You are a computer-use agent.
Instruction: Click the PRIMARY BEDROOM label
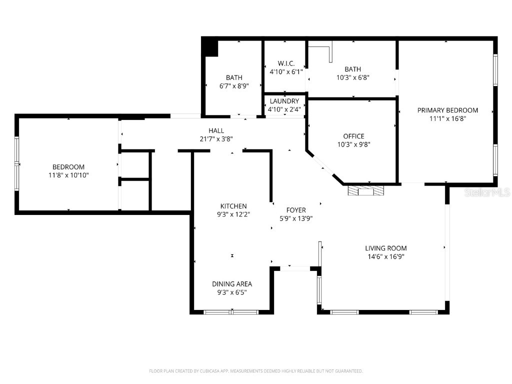tap(447, 110)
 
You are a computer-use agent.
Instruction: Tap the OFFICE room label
tap(353, 136)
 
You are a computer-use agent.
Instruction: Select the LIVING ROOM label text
tap(385, 248)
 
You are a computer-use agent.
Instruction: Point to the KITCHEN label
tap(233, 206)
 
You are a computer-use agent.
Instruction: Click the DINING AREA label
tap(232, 284)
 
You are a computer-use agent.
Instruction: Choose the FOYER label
tap(296, 210)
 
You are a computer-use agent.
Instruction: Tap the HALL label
tap(216, 130)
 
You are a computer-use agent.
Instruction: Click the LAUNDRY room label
tap(283, 101)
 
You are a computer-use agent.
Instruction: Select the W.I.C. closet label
tap(286, 63)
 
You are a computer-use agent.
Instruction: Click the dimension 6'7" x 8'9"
tap(234, 85)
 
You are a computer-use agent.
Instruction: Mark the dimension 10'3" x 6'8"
tap(352, 77)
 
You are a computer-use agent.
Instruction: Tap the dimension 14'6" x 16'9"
tap(385, 256)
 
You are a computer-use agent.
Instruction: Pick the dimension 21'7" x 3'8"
tap(216, 139)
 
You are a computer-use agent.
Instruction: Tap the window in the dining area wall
tap(231, 312)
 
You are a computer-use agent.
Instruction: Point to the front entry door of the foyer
tap(295, 269)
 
